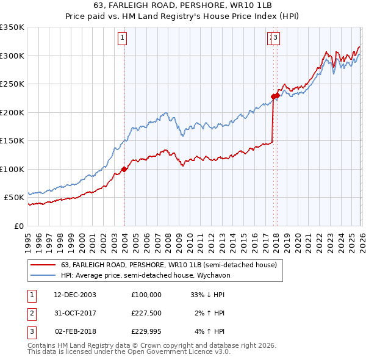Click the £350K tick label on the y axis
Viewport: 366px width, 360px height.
(x=12, y=27)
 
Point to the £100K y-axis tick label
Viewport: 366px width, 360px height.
(x=12, y=169)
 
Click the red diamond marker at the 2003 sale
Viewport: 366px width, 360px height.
(x=124, y=169)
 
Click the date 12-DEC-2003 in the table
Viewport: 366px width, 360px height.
(x=75, y=294)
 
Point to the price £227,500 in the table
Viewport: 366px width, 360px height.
(x=146, y=313)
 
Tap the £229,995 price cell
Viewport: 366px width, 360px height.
(x=146, y=332)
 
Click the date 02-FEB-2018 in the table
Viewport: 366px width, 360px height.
(x=75, y=332)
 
